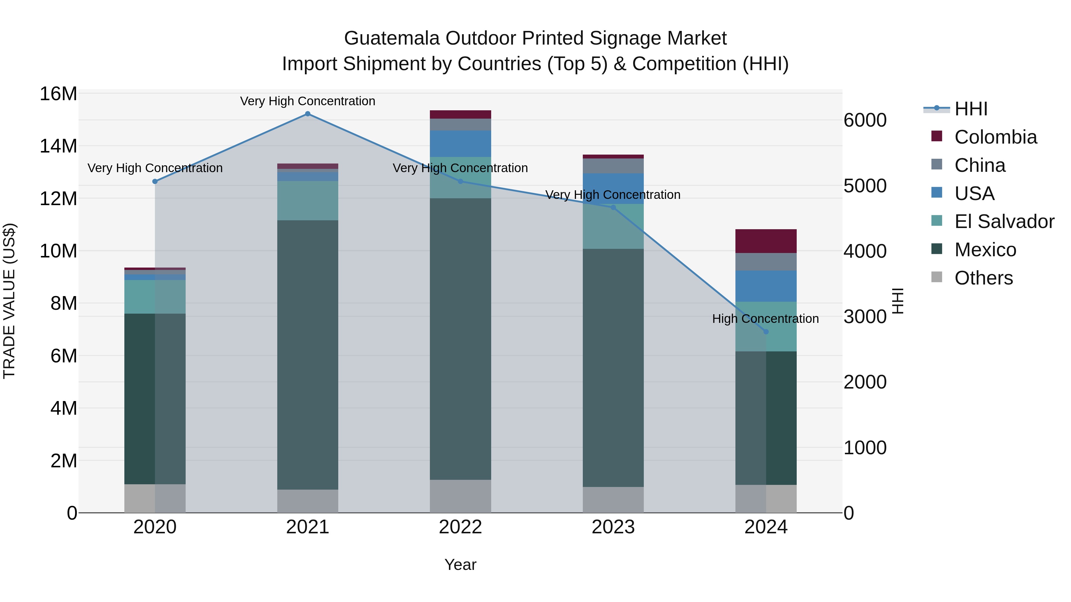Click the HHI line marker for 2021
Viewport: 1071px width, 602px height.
[x=308, y=114]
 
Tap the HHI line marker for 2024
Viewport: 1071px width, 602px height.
[x=766, y=331]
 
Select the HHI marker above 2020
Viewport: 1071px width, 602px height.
[x=155, y=182]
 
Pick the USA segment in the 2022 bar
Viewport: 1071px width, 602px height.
[x=460, y=144]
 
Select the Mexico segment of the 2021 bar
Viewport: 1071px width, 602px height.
[x=308, y=354]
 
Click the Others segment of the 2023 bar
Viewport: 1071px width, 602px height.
[x=613, y=500]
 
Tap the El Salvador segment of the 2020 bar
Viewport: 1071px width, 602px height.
[x=155, y=297]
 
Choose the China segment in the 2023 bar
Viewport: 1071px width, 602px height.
[x=613, y=166]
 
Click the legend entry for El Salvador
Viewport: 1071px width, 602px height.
[x=1004, y=221]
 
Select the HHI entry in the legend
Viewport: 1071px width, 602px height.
[x=970, y=109]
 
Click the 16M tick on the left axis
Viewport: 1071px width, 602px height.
[x=58, y=94]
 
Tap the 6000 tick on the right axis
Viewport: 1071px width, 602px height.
[x=865, y=120]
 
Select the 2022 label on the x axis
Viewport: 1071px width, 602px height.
[x=460, y=527]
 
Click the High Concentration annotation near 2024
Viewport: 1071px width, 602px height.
[x=765, y=319]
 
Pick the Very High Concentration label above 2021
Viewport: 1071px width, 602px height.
[x=308, y=101]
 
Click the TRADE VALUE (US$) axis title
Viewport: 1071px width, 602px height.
[x=9, y=301]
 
